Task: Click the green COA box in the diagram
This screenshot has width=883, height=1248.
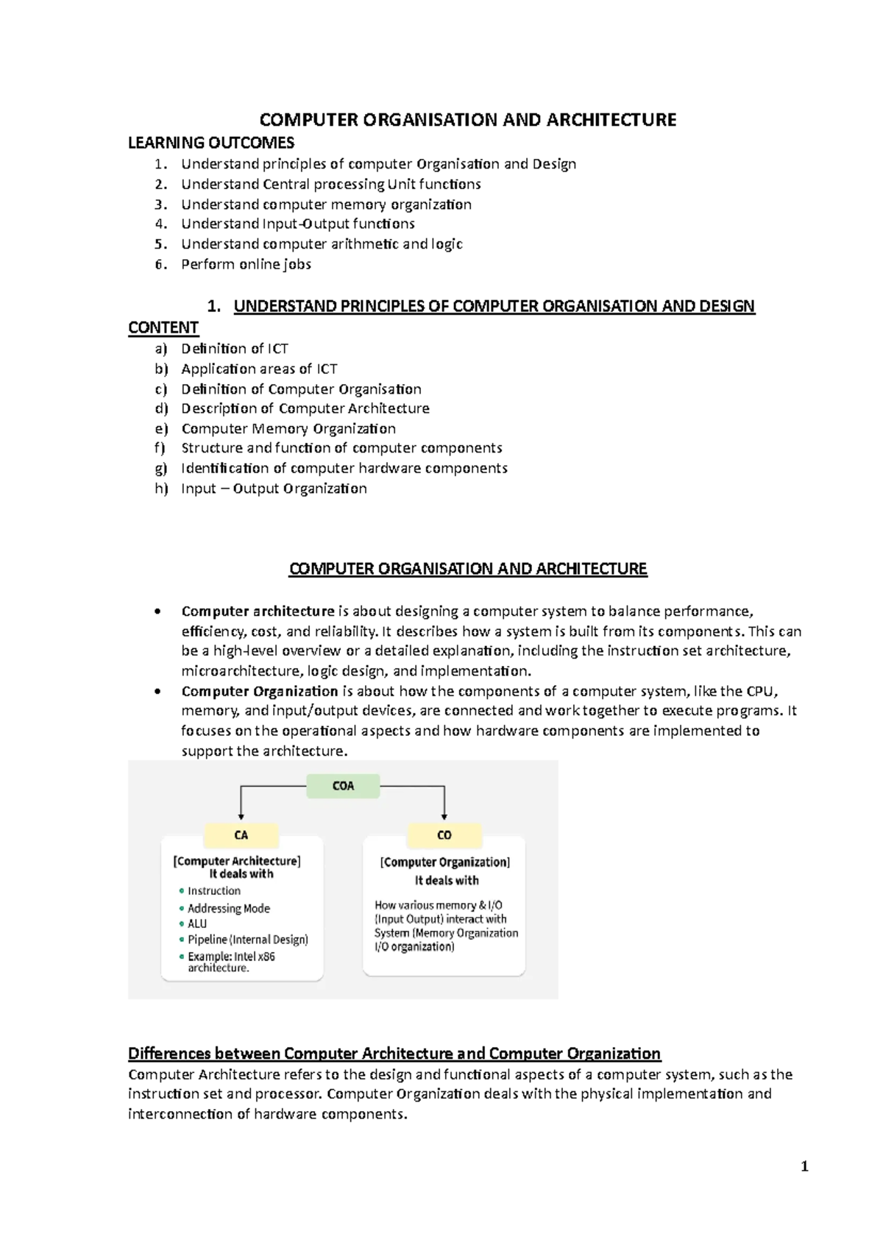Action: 343,786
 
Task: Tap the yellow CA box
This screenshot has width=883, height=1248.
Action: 241,835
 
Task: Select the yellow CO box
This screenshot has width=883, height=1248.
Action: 444,835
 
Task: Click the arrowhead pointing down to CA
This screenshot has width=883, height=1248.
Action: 241,815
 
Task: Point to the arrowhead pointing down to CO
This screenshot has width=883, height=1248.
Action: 444,815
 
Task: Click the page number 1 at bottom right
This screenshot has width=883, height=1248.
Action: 804,1166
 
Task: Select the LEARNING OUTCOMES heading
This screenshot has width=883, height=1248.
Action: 211,143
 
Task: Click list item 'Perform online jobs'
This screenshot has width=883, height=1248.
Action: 246,264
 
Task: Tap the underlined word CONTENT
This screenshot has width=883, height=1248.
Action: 163,327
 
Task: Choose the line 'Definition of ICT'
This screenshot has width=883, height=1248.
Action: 234,349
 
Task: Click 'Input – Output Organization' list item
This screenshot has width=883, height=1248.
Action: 274,489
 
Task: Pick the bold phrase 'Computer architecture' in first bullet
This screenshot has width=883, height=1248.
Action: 258,611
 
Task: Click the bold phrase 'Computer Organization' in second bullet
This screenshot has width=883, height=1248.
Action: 259,691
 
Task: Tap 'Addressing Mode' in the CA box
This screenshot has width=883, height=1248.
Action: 228,909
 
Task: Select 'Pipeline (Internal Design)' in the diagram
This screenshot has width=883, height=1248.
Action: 247,940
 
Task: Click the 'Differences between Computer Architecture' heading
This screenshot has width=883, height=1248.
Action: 394,1053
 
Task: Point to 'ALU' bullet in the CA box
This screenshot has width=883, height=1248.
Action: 196,923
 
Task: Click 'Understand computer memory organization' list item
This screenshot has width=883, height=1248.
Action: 326,205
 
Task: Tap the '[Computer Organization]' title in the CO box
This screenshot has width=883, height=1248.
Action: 444,862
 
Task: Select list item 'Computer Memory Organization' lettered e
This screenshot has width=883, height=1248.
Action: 288,429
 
